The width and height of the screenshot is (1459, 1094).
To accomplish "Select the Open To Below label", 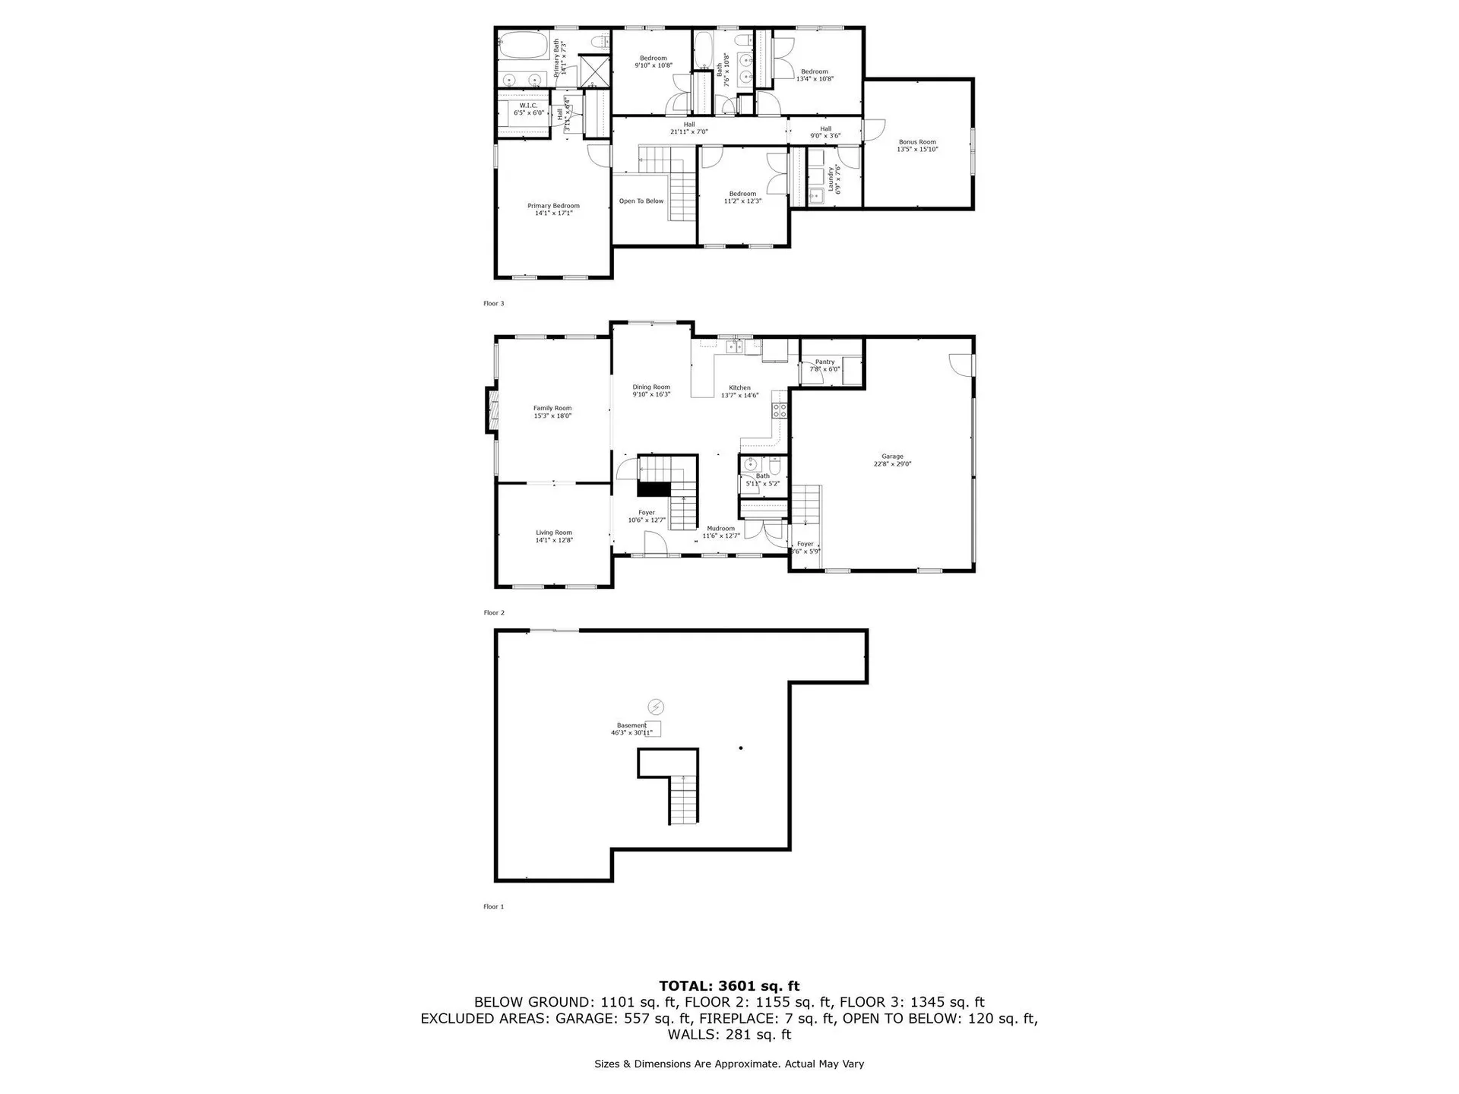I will [641, 201].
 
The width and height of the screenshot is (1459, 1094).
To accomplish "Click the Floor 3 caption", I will [494, 304].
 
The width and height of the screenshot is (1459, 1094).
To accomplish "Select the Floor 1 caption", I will [494, 906].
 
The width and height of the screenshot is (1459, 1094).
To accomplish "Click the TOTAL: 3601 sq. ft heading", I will [729, 986].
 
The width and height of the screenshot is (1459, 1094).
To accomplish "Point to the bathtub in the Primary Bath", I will [524, 46].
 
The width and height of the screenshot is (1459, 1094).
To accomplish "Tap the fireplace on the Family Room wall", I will [492, 410].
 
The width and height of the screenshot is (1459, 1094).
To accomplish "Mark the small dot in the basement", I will [741, 748].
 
